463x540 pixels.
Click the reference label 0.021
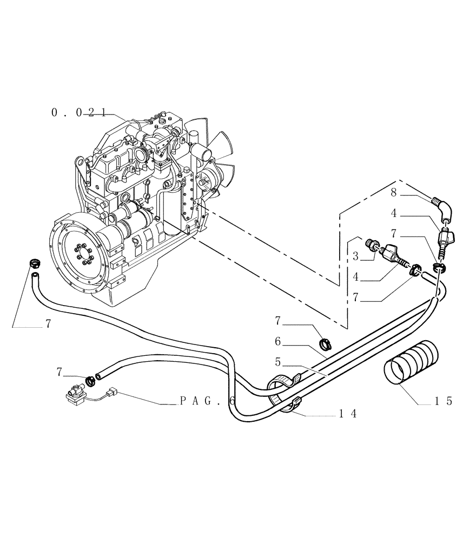click(75, 112)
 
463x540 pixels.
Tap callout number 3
click(355, 255)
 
